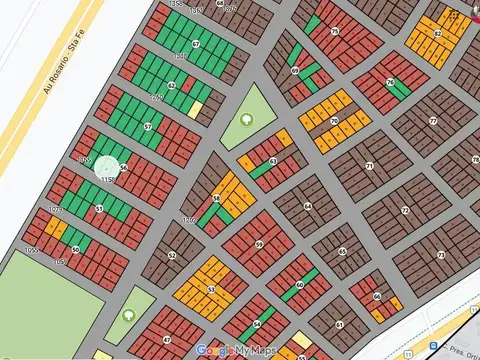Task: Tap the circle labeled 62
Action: tap(172, 86)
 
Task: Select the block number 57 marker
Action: tap(148, 127)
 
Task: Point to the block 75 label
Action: tap(334, 32)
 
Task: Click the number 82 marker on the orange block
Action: tap(437, 33)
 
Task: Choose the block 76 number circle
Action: tap(389, 82)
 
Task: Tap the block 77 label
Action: tap(432, 121)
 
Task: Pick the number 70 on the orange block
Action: tap(334, 122)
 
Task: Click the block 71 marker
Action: tap(369, 165)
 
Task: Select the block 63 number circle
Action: tap(273, 161)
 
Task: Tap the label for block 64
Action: tap(307, 207)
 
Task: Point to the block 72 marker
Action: tap(404, 211)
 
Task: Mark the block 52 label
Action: tap(172, 255)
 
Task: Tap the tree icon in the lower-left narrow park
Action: tap(129, 315)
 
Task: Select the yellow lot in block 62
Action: tap(195, 109)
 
